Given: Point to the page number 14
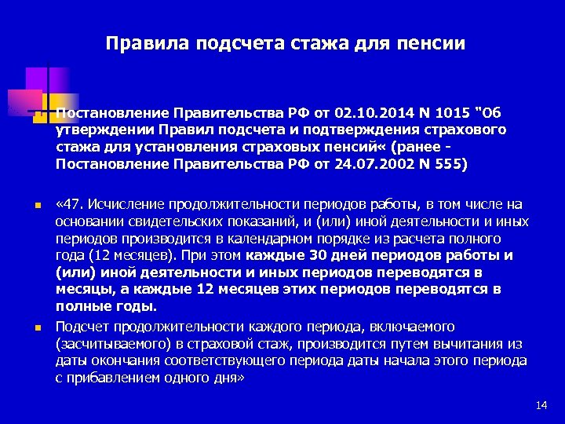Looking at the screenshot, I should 541,404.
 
